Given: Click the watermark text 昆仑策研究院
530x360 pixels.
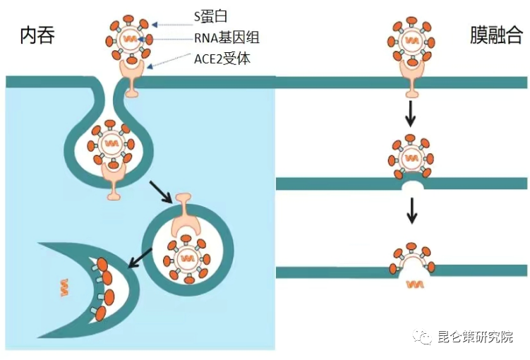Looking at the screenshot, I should [476, 337].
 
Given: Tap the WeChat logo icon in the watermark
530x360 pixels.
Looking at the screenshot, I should [423, 337].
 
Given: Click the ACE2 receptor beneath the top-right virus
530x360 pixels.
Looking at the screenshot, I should [411, 73].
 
